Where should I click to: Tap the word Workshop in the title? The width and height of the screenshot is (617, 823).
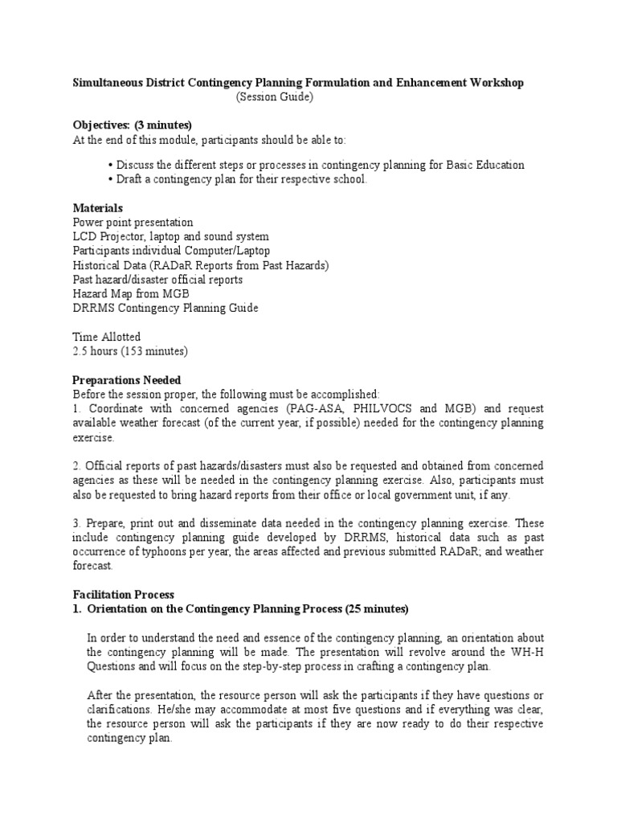497,83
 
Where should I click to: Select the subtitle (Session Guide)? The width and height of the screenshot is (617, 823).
274,97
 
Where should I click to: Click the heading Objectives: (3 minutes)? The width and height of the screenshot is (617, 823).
133,125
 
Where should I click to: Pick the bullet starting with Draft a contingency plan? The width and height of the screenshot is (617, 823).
239,179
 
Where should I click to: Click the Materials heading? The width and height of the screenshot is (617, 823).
97,207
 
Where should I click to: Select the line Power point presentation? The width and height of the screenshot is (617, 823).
133,222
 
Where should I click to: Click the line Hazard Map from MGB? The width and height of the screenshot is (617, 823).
131,294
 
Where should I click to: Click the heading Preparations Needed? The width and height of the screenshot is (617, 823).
127,379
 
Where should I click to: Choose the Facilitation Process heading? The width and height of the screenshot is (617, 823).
123,595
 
